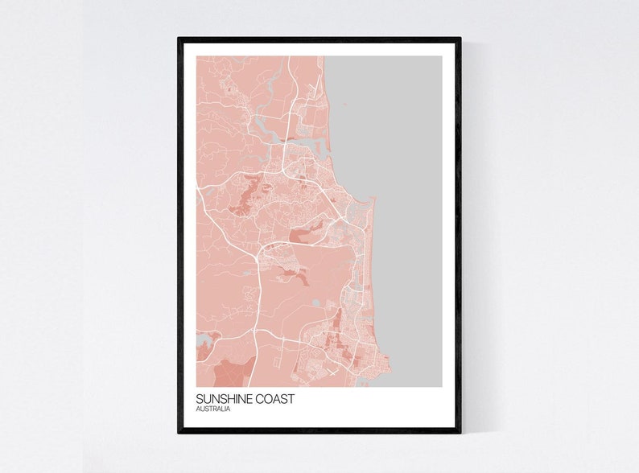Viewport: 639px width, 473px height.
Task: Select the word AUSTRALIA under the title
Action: click(x=213, y=409)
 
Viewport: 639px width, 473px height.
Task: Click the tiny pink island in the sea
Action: click(x=344, y=104)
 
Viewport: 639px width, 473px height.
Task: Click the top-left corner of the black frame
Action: click(x=179, y=38)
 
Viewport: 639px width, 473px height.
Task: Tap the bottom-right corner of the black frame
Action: click(x=460, y=432)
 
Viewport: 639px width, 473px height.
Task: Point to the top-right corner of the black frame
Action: click(x=460, y=38)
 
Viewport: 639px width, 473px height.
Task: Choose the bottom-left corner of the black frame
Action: click(x=179, y=432)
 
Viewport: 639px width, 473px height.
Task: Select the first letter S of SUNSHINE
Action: click(x=199, y=399)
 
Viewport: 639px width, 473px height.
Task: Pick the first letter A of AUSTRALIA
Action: click(x=198, y=409)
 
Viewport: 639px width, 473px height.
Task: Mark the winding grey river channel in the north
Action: click(x=262, y=122)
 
